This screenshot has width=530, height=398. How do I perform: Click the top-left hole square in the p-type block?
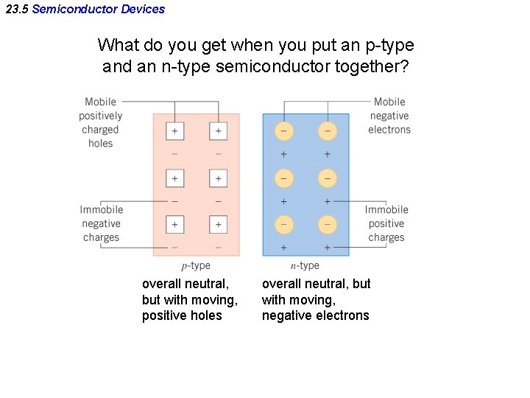[174, 132]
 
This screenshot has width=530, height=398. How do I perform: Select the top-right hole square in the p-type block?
[218, 132]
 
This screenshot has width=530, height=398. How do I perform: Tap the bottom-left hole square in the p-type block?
[174, 224]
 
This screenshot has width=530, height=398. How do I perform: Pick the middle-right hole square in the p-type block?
[218, 178]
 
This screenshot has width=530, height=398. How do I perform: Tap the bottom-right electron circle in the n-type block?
[327, 224]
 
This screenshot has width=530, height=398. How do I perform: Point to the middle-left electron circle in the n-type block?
[283, 178]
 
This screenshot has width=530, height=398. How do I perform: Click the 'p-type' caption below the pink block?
[196, 266]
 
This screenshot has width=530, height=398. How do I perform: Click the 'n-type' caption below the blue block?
[305, 266]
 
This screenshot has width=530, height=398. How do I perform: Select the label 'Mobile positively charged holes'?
[101, 122]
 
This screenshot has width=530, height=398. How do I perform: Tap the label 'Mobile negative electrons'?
[389, 116]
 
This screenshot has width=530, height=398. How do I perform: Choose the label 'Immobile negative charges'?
[102, 223]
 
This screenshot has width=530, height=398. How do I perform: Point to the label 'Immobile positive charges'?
[386, 223]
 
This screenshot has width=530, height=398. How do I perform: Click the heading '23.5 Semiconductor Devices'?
[85, 9]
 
